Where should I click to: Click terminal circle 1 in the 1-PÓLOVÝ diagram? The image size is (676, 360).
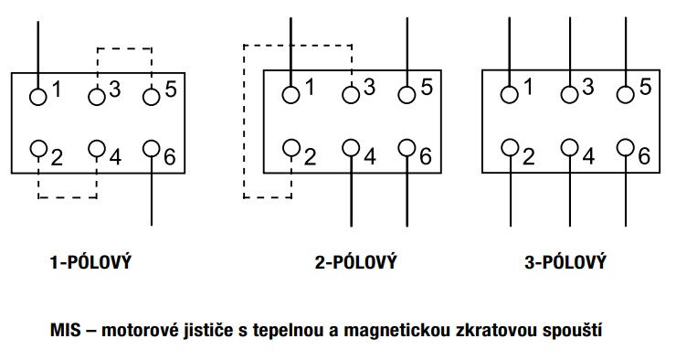click(x=39, y=94)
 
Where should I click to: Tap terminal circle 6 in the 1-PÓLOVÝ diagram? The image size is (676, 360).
click(x=152, y=149)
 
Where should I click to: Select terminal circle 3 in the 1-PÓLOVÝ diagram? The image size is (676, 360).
click(x=97, y=94)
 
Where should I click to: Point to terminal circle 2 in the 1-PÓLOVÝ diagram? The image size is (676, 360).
click(x=39, y=149)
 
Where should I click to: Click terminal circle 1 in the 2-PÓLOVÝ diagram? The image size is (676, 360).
click(x=291, y=94)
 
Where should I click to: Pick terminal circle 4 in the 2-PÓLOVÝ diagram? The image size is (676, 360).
click(x=352, y=149)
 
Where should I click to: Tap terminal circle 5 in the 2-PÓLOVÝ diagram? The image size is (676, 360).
click(x=407, y=94)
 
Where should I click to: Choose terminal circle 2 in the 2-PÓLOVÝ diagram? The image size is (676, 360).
click(x=291, y=149)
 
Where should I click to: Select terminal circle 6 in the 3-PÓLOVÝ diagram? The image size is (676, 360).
click(x=625, y=148)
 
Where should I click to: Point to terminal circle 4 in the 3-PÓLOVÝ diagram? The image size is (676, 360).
click(x=570, y=148)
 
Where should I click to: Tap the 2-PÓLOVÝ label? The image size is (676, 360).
click(x=355, y=263)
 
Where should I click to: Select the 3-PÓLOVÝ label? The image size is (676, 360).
click(x=565, y=263)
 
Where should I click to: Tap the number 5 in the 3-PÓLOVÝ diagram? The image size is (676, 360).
click(x=645, y=88)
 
